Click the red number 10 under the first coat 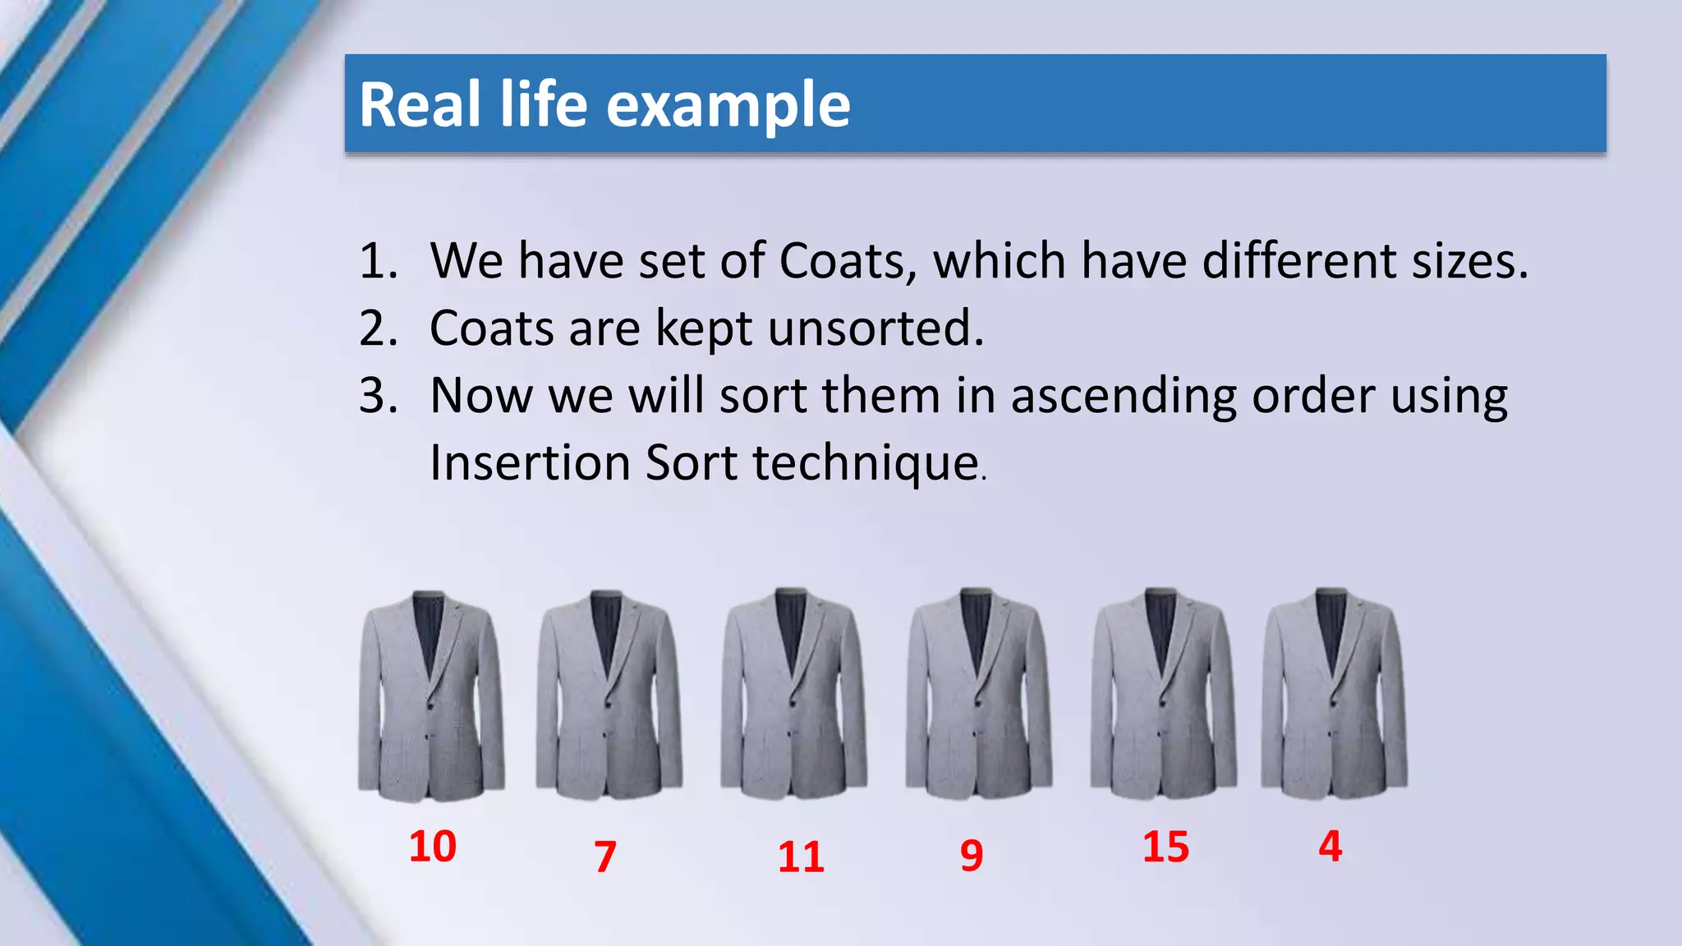[x=433, y=847]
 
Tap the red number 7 [x=605, y=856]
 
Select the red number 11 [x=801, y=856]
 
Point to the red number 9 [x=972, y=856]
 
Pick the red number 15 [x=1165, y=847]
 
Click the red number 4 [x=1330, y=847]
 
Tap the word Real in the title [x=420, y=105]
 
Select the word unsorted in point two [x=875, y=328]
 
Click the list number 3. [x=379, y=396]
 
